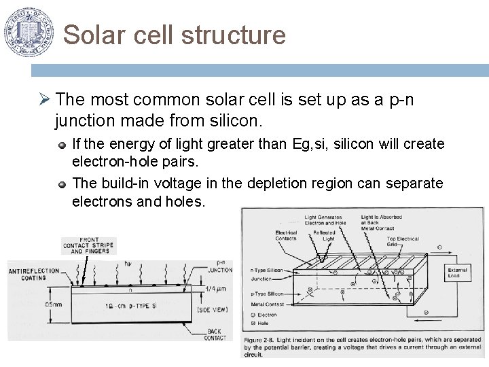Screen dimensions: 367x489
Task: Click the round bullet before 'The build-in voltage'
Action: tap(62, 183)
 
